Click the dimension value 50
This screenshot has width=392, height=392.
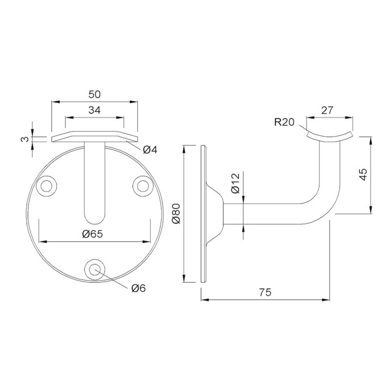[x=95, y=95]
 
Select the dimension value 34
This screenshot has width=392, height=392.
[x=95, y=110]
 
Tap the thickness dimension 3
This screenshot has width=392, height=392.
[x=25, y=139]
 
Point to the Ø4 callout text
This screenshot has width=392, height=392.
[x=150, y=150]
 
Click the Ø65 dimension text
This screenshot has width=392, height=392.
[x=93, y=234]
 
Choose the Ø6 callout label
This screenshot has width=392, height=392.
[x=138, y=288]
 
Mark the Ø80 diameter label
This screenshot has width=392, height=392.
[x=176, y=213]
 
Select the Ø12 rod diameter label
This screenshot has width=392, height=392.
[x=236, y=183]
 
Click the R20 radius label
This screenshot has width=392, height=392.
[x=284, y=122]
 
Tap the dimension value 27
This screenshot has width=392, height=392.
[x=327, y=110]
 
